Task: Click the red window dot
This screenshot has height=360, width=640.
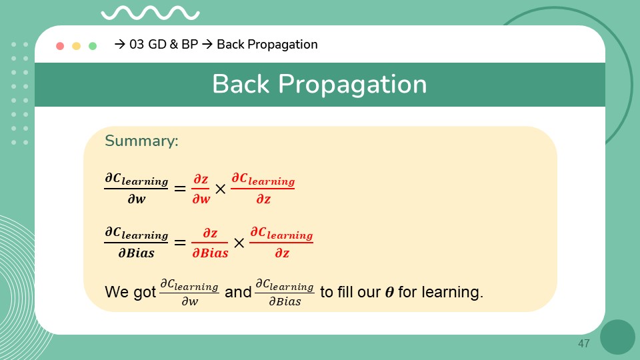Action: tap(60, 46)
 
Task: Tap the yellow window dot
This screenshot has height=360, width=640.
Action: tap(76, 46)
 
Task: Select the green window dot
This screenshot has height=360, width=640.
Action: tap(93, 46)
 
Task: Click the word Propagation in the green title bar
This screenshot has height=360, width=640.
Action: tap(352, 85)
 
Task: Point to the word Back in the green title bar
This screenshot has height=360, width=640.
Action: tap(241, 84)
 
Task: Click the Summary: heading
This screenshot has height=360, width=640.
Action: tap(141, 141)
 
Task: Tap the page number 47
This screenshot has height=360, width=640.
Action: tap(584, 344)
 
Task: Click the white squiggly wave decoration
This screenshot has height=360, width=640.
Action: tap(150, 13)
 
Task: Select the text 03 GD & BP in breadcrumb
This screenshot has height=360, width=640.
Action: tap(164, 44)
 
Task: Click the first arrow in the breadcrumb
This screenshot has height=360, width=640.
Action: tap(119, 44)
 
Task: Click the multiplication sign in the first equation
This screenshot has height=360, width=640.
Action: tap(221, 189)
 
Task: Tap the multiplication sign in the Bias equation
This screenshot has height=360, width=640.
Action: tap(239, 243)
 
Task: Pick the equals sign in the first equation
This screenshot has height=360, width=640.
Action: tap(180, 189)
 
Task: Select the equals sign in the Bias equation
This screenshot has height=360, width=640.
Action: tap(180, 243)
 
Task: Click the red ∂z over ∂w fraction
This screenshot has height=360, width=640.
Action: tap(201, 189)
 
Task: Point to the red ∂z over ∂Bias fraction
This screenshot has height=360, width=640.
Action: tap(210, 243)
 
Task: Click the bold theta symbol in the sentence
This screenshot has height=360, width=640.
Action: tap(389, 292)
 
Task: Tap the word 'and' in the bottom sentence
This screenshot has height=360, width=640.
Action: tap(238, 292)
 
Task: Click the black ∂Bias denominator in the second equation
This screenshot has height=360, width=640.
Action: tap(136, 253)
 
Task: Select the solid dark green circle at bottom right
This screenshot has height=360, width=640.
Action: tap(617, 337)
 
